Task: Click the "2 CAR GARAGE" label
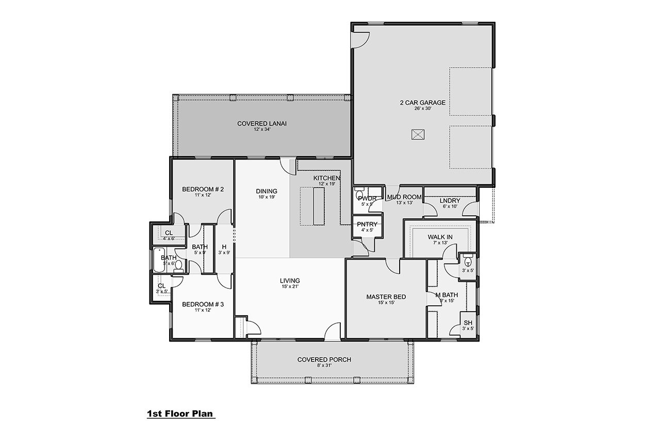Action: (422, 103)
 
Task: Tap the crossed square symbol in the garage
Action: (417, 135)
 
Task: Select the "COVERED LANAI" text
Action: (261, 123)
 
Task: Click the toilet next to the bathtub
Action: (178, 266)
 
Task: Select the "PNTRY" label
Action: (367, 224)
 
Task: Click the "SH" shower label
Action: (468, 323)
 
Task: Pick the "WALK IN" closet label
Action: (440, 237)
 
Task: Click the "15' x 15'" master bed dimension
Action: (386, 304)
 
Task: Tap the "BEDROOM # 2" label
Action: (203, 189)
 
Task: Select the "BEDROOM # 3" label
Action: (203, 304)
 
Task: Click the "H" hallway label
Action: (224, 247)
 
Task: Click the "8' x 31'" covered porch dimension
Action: (324, 366)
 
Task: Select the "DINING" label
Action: (267, 191)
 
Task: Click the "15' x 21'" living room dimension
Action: (289, 286)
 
